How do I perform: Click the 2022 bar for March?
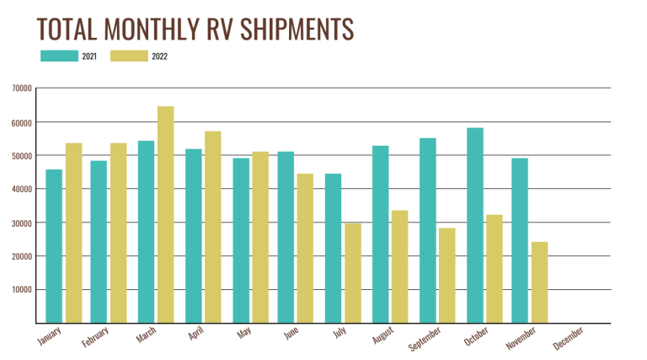pos(166,215)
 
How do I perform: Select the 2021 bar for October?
pos(475,225)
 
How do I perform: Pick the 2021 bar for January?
pos(54,246)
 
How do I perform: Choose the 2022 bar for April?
pos(212,227)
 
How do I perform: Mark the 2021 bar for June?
pos(286,237)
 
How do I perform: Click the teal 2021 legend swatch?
pos(59,56)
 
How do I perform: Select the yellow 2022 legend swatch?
pos(128,56)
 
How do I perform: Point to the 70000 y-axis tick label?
pos(22,89)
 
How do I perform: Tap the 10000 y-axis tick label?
pos(22,289)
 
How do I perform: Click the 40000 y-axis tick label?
pos(22,189)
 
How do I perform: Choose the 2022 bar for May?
pos(260,237)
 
